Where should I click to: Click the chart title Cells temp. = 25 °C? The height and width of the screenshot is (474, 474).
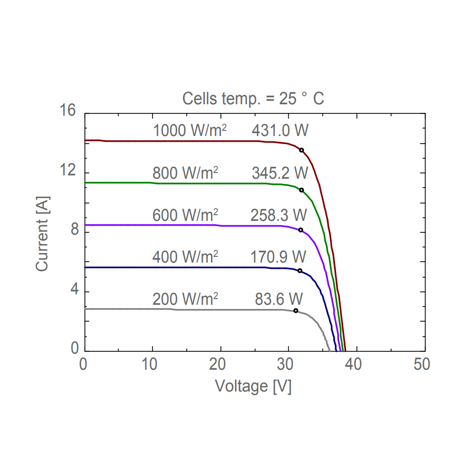coord(253,99)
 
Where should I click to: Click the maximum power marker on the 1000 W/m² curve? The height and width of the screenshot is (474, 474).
coord(301,150)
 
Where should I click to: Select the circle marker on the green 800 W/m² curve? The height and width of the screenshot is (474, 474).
coord(301,190)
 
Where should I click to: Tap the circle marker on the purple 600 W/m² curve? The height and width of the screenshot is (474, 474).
coord(301,230)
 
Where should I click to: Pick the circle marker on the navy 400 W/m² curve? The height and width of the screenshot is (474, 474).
coord(300,271)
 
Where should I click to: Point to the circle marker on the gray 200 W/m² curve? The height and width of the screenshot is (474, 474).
coord(296,310)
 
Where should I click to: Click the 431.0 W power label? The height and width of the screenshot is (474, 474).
coord(280,131)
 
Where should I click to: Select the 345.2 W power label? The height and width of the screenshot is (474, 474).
coord(280,173)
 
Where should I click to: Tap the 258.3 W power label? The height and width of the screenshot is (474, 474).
coord(279,215)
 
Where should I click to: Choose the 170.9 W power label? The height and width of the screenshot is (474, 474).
coord(279,257)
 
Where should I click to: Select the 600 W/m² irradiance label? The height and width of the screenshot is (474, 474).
coord(185,215)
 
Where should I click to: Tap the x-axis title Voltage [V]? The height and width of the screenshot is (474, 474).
coord(254,386)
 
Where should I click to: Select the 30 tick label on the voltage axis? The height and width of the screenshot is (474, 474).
coord(288,365)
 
